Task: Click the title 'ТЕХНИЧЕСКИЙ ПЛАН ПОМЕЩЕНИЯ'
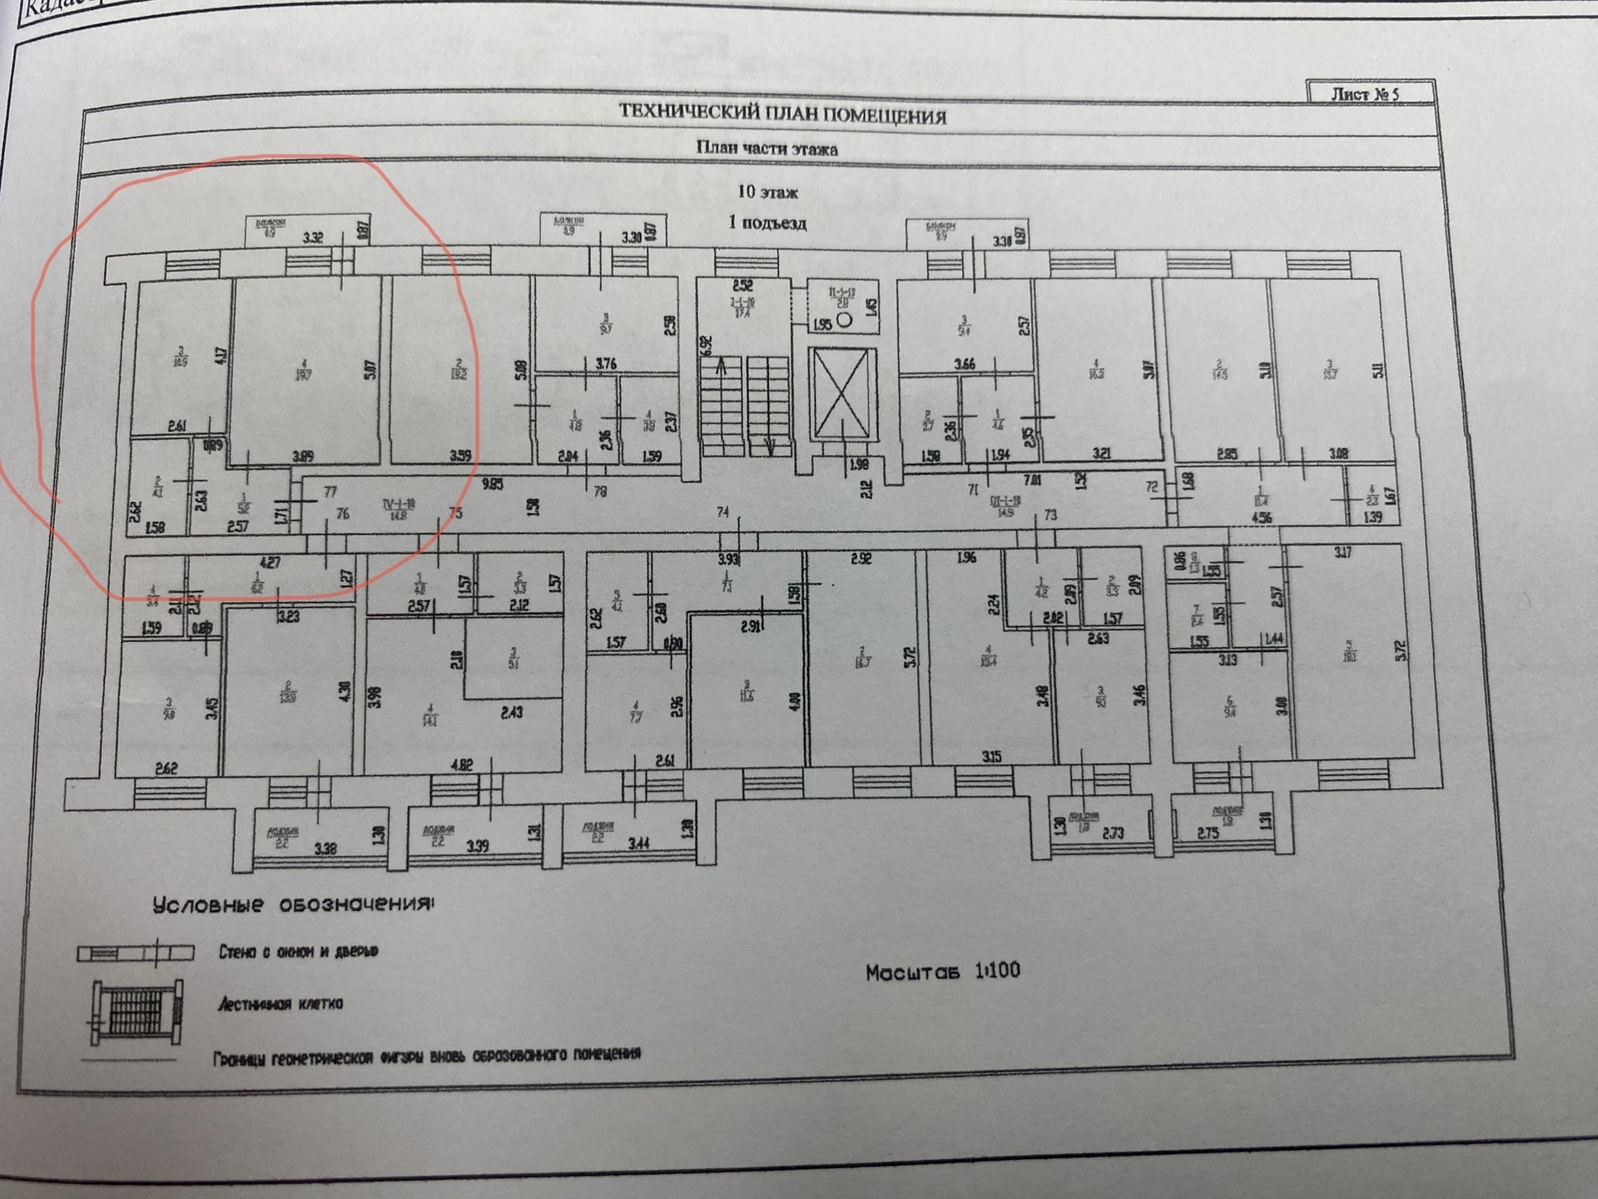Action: coord(782,115)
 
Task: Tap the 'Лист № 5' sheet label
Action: coord(1365,94)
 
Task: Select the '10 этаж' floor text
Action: coord(767,192)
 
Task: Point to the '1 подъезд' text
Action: coord(767,222)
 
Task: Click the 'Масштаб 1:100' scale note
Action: coord(942,972)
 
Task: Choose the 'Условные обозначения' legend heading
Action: coord(293,905)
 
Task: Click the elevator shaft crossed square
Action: coord(843,393)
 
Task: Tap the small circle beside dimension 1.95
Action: coord(844,319)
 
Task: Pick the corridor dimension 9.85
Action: coord(493,483)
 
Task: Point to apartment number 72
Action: coord(1152,486)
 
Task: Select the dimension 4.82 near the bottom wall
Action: coord(461,764)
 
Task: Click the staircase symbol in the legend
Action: coord(135,1012)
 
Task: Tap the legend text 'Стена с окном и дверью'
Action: coord(298,951)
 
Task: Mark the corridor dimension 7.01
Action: coord(1031,480)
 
